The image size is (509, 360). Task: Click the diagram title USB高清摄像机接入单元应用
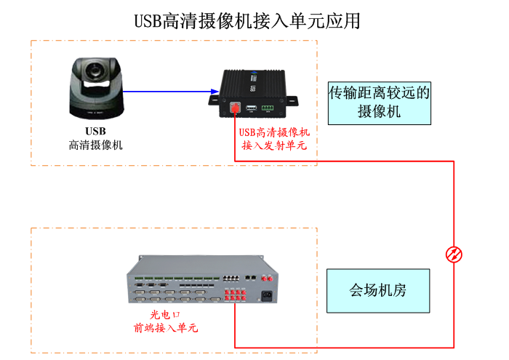[x=247, y=21]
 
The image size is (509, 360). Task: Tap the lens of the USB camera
[x=94, y=71]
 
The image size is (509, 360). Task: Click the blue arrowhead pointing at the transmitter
[x=215, y=92]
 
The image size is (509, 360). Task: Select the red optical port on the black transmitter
[x=235, y=107]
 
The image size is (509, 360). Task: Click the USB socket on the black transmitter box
[x=251, y=108]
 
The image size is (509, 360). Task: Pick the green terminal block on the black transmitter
[x=268, y=108]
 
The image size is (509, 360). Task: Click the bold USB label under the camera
[x=95, y=131]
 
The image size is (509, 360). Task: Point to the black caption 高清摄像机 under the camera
[x=95, y=145]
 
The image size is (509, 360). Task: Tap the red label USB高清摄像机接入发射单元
[x=274, y=139]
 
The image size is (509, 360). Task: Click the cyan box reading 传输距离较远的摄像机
[x=380, y=103]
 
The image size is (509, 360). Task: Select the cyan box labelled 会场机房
[x=378, y=291]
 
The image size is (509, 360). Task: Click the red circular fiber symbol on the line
[x=454, y=254]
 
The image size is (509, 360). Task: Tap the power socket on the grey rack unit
[x=267, y=296]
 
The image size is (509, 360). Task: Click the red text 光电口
[x=165, y=315]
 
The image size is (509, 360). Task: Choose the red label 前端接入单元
[x=166, y=328]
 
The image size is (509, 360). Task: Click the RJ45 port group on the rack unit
[x=231, y=279]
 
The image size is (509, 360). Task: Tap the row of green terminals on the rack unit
[x=177, y=279]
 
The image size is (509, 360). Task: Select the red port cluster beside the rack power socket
[x=236, y=295]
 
